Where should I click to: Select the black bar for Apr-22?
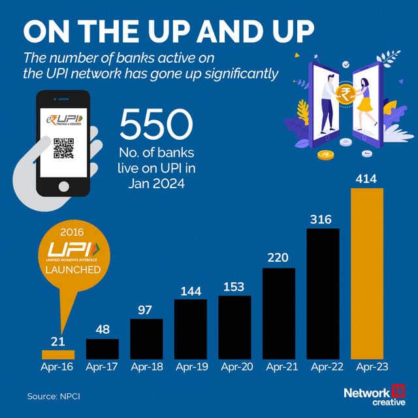323,293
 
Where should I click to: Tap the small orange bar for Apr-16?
58,354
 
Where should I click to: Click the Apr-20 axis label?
234,368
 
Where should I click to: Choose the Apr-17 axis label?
102,368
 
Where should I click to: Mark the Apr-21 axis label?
279,368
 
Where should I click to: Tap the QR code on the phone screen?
63,149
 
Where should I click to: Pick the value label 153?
234,285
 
